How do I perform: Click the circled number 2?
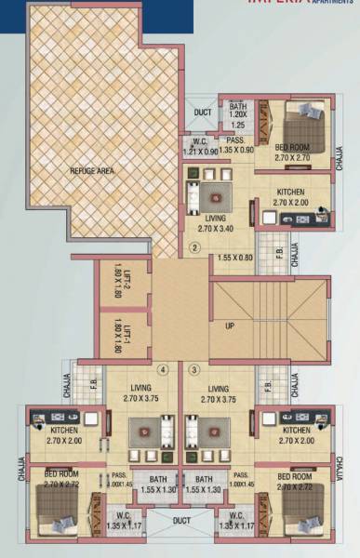click(x=194, y=247)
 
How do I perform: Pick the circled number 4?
click(x=163, y=369)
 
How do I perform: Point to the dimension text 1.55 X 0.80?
click(x=234, y=257)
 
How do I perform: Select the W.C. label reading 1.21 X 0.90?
click(x=199, y=146)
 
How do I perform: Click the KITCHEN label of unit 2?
click(x=290, y=197)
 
